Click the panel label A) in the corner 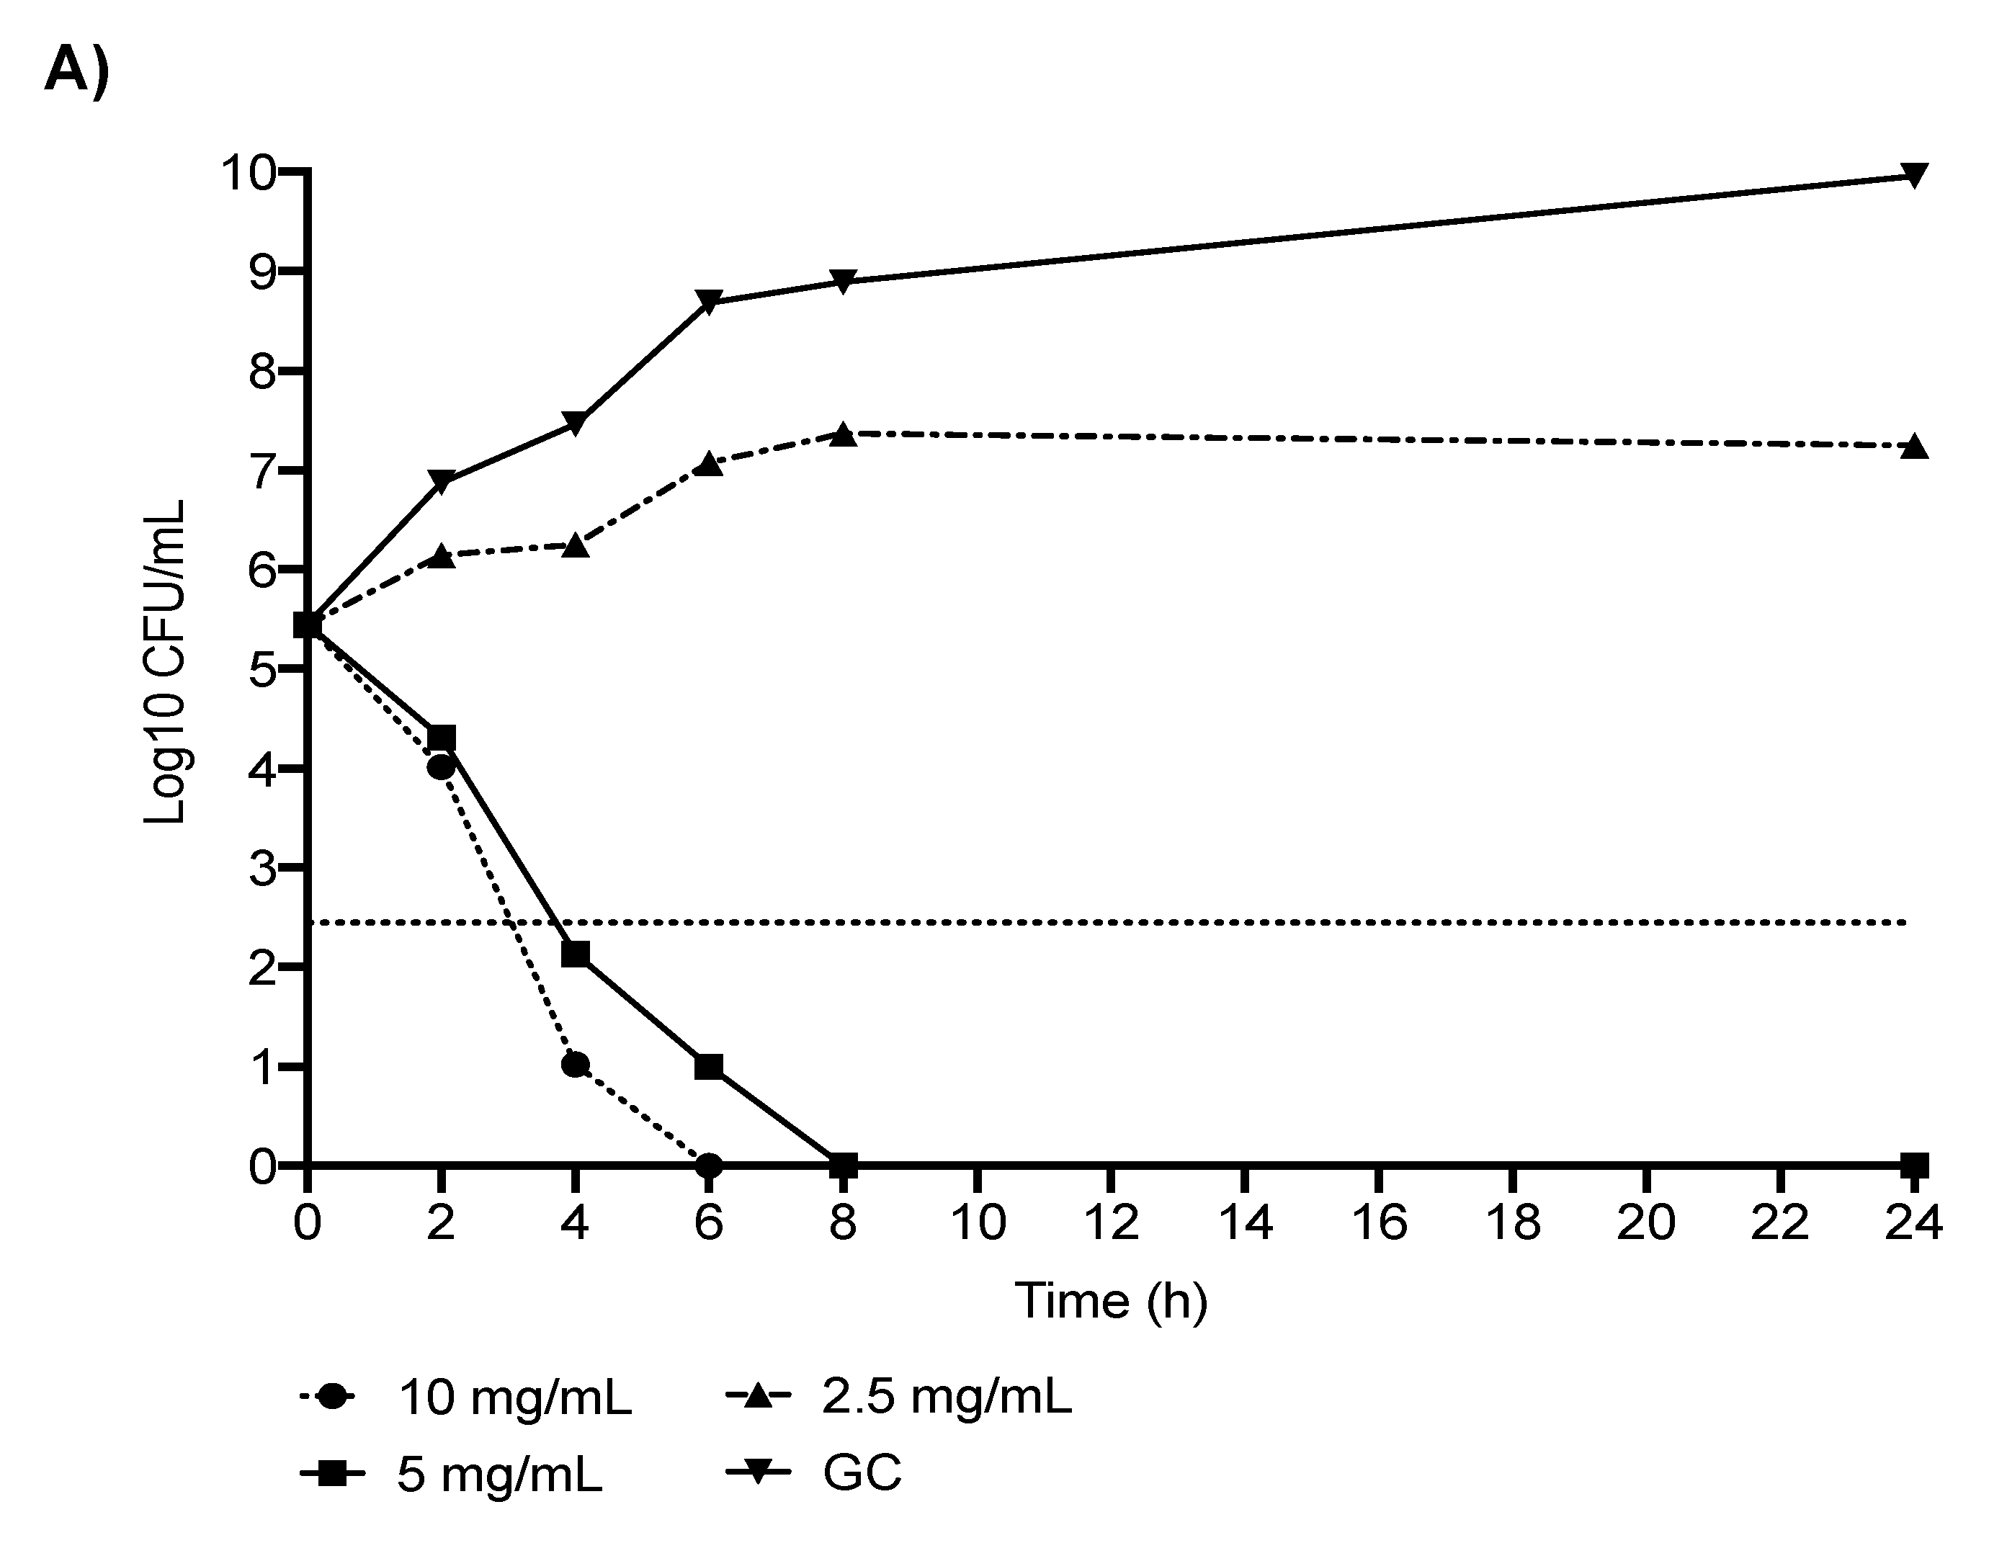coord(76,70)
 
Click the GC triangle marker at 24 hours coord(1913,174)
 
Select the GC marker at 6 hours coord(708,301)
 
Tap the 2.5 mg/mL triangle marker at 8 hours coord(844,434)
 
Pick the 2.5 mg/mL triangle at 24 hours coord(1913,447)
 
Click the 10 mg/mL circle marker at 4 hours coord(575,1065)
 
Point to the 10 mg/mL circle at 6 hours coord(708,1166)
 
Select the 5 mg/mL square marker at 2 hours coord(442,738)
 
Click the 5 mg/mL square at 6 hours coord(708,1066)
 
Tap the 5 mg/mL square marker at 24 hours coord(1913,1166)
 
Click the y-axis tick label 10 coord(248,173)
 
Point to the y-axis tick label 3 coord(263,867)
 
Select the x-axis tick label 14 coord(1245,1223)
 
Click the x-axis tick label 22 coord(1780,1223)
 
